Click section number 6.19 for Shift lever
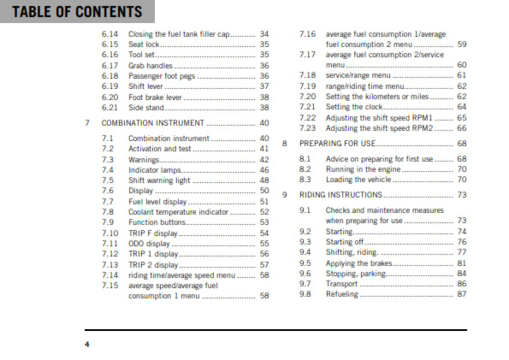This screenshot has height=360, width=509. click(109, 86)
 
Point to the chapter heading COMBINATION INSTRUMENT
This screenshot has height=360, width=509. click(154, 123)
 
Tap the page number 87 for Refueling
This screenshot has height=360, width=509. click(462, 294)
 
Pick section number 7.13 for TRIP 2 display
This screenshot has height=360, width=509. click(110, 264)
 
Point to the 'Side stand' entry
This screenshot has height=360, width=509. click(147, 107)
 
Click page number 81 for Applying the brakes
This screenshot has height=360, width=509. click(462, 263)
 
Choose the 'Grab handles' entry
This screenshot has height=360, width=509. click(151, 65)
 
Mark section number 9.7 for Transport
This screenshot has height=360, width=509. click(306, 284)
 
